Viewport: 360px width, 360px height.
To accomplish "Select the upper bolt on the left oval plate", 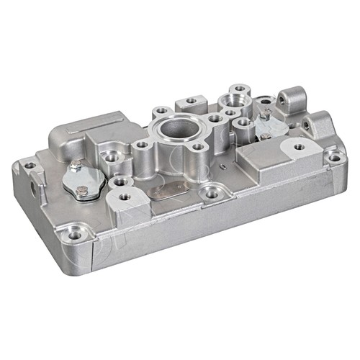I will (x=75, y=166).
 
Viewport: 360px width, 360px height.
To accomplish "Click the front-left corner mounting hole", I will (x=75, y=234).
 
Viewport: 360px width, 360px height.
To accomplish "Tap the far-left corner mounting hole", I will (x=29, y=166).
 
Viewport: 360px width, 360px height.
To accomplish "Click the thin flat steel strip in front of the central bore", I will (x=170, y=189).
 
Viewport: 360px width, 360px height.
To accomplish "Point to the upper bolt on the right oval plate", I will (x=265, y=113).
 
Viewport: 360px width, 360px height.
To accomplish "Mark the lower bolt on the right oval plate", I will (x=266, y=135).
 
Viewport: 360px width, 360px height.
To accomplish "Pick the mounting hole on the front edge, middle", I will (x=211, y=193).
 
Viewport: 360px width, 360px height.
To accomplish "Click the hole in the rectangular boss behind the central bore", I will (x=192, y=101).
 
